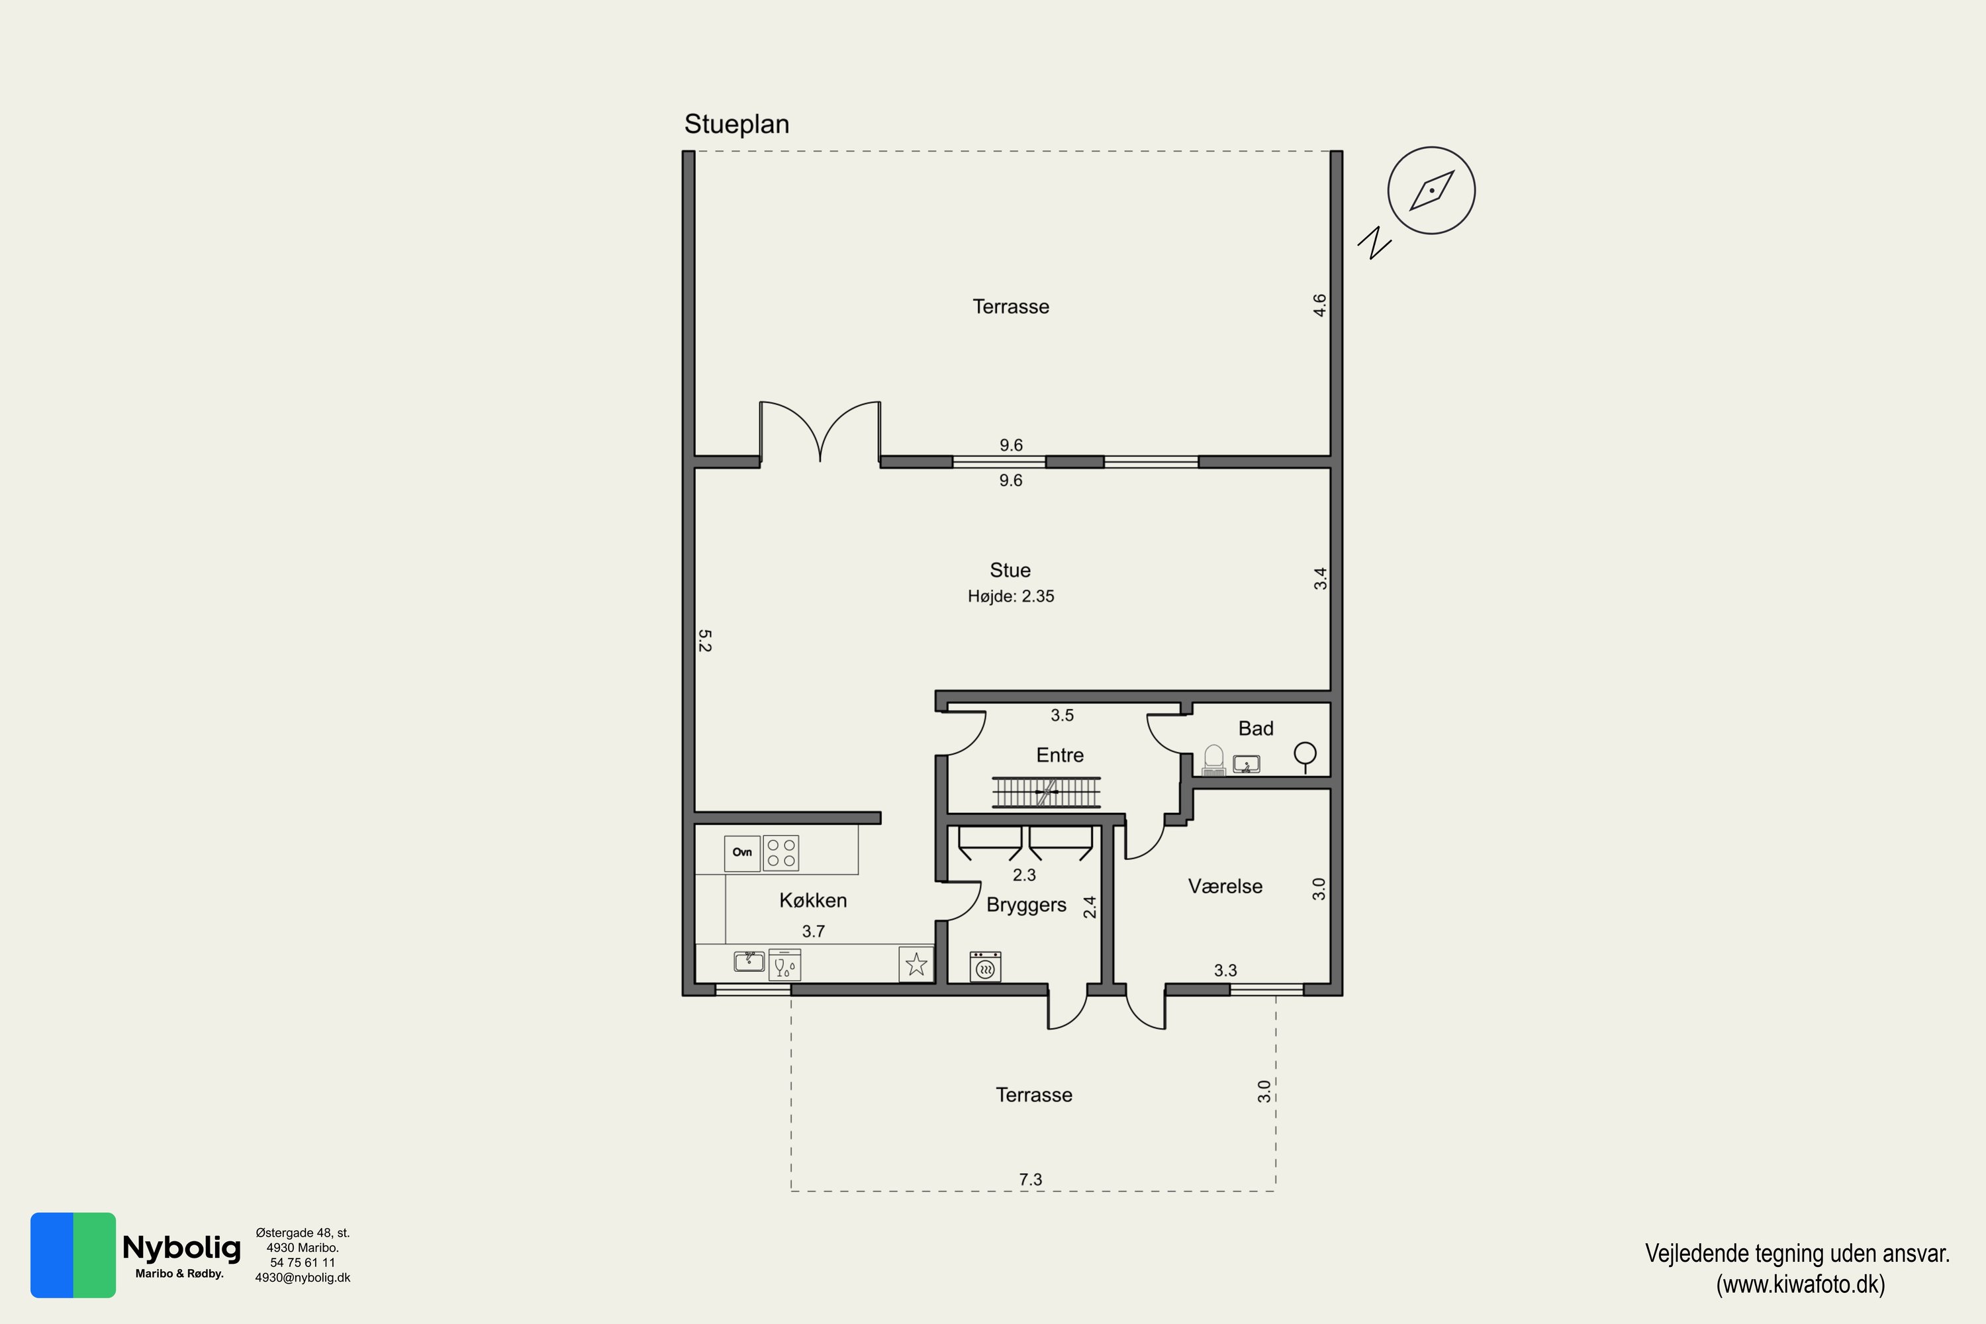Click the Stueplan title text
pos(736,125)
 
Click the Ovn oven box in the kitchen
pos(742,853)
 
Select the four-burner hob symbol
pos(781,853)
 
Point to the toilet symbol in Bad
pos(1213,759)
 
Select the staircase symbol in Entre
pos(1046,792)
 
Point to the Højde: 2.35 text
pos(1011,596)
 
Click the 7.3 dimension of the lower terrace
pos(1030,1180)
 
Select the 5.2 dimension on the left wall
pos(705,641)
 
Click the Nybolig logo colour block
pos(73,1254)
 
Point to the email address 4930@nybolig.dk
pos(303,1278)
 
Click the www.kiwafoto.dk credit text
pos(1800,1284)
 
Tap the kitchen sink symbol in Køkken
pos(749,961)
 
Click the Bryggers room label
pos(1026,905)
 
